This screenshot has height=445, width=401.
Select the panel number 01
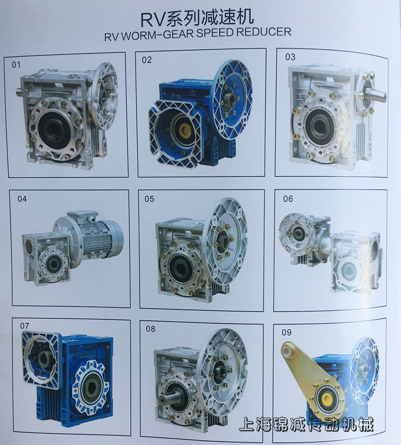click(x=16, y=65)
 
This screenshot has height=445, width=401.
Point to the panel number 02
click(x=147, y=60)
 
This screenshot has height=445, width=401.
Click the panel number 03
click(x=290, y=57)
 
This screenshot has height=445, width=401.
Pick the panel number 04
click(x=22, y=199)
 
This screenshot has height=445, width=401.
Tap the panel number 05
click(x=149, y=199)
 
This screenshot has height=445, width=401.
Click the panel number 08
click(x=150, y=329)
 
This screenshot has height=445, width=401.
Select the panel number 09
click(x=286, y=332)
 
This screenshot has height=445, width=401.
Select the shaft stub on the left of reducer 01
click(x=19, y=92)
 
